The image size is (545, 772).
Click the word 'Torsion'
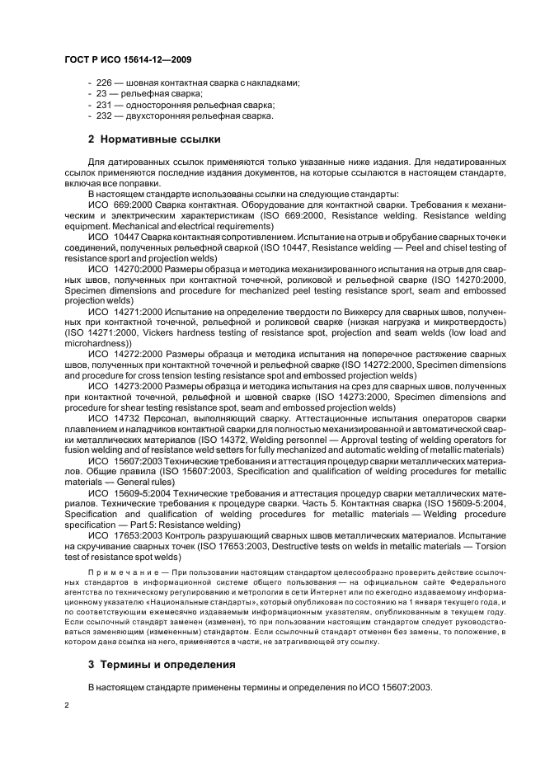coord(487,546)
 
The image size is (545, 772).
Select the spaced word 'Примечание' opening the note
coord(117,571)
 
